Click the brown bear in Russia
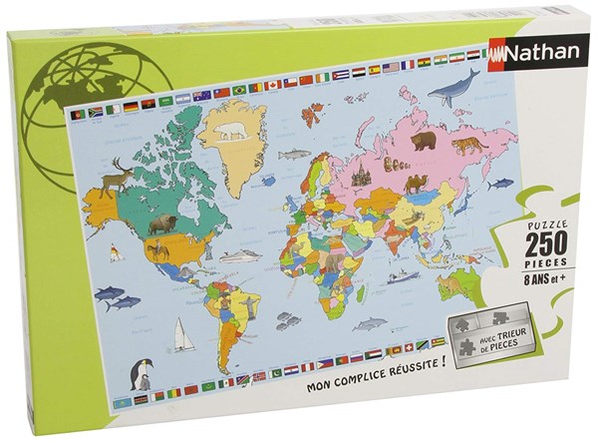424,140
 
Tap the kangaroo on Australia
453,284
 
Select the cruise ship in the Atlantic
239,256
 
